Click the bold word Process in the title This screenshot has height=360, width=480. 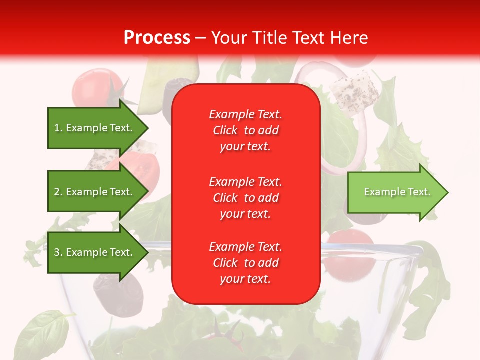coord(157,38)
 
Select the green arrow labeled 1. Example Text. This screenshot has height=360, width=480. coord(95,128)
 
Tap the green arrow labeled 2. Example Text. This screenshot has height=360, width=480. coord(95,192)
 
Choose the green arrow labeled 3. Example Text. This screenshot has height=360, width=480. coord(95,252)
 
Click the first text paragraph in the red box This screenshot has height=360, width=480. coord(245,130)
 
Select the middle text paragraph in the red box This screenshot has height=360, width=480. coord(245,198)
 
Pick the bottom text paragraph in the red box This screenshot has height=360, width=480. coord(245,263)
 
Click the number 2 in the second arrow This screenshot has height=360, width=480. coord(57,192)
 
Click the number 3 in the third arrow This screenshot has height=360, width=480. coord(57,252)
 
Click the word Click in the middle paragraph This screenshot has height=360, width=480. coord(225,198)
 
